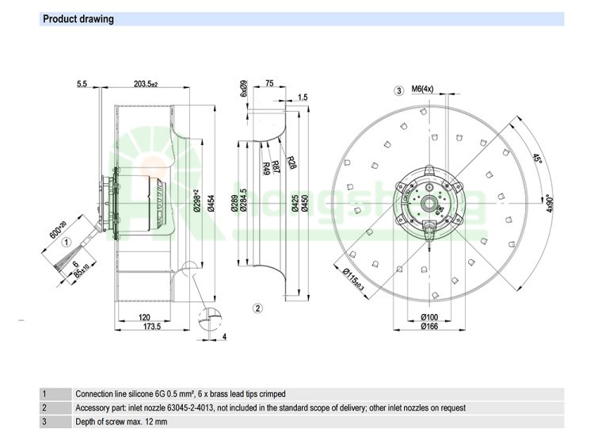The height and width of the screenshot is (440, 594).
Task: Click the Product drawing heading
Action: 78,19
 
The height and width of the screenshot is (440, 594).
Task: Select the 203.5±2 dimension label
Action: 146,83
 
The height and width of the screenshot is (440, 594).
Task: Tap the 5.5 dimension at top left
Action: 82,83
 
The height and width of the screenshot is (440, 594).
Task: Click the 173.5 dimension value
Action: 151,326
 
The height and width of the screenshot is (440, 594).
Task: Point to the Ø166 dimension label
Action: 430,326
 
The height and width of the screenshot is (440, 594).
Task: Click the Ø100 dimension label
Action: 429,316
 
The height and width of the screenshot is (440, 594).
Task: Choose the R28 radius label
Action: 292,163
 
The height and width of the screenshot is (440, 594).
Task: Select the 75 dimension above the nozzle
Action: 269,83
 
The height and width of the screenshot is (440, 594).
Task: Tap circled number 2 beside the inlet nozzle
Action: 257,307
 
